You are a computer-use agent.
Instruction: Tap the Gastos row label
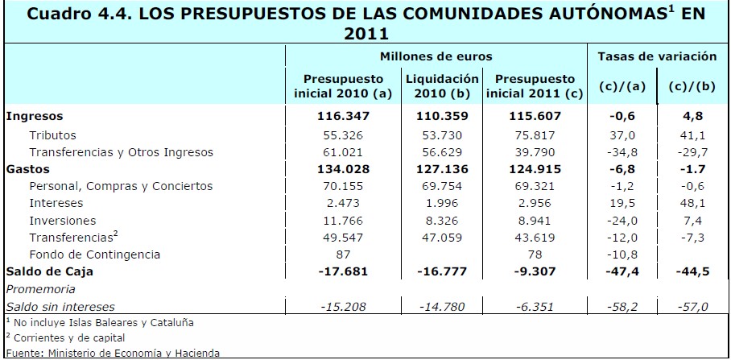click(27, 169)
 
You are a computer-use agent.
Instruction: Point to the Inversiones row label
click(63, 220)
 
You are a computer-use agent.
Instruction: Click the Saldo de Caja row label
click(49, 271)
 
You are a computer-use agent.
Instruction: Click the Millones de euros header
click(436, 57)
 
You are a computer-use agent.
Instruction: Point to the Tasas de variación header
click(657, 57)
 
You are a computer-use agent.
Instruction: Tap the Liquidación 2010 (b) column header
click(443, 86)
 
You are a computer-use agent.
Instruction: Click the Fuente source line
click(113, 352)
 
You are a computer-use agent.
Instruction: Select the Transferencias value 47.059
click(443, 238)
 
